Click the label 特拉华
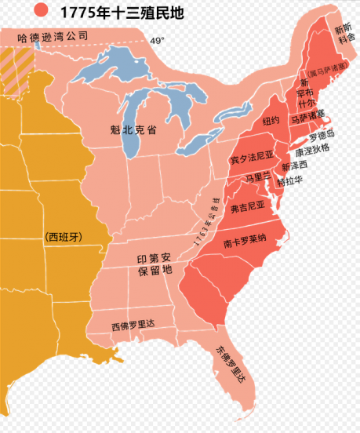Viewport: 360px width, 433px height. click(292, 181)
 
